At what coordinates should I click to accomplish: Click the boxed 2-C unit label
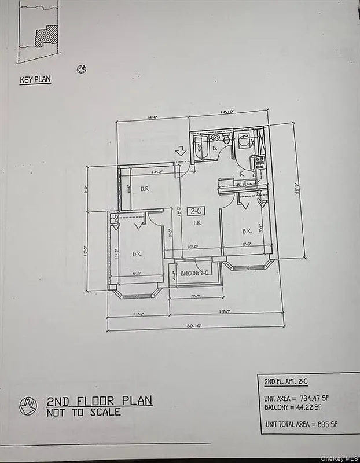pyautogui.click(x=194, y=211)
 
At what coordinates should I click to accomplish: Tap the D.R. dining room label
pyautogui.click(x=145, y=189)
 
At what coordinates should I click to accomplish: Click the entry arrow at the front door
pyautogui.click(x=181, y=152)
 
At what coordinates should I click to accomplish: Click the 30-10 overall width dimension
pyautogui.click(x=194, y=326)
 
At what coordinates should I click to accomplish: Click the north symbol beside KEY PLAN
pyautogui.click(x=82, y=69)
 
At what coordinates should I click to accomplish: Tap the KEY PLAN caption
pyautogui.click(x=35, y=80)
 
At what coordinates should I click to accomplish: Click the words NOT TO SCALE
pyautogui.click(x=84, y=412)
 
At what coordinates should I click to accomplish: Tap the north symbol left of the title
pyautogui.click(x=28, y=405)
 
